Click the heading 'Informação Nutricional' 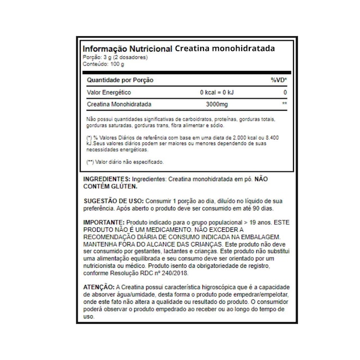click(128, 49)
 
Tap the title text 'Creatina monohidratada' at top click(225, 49)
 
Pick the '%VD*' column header click(278, 80)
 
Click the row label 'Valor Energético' click(109, 92)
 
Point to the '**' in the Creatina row click(284, 104)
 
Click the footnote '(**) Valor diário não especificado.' click(125, 162)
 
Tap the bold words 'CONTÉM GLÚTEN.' click(107, 187)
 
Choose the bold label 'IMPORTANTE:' click(104, 224)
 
